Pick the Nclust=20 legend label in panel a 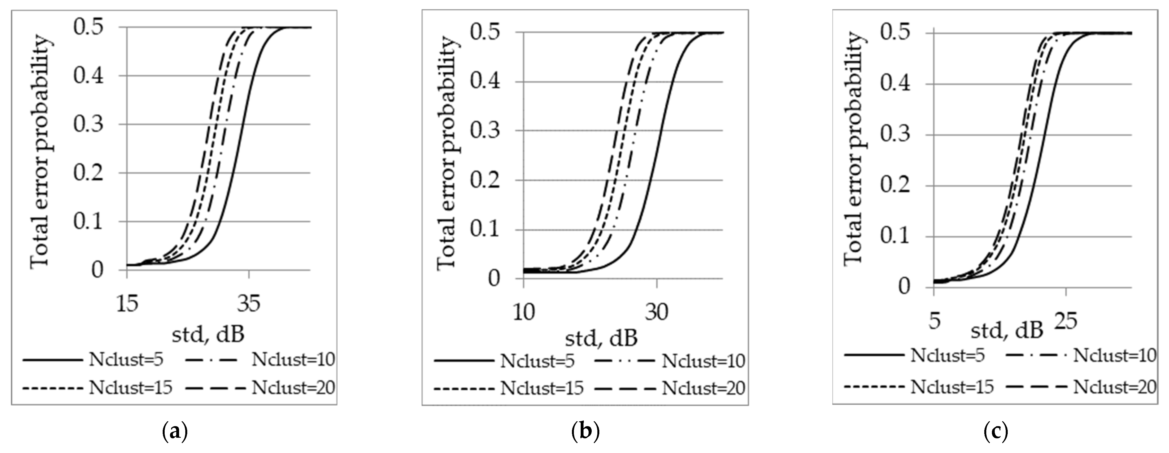[x=293, y=387]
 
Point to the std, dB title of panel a [x=208, y=335]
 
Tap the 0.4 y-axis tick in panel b [x=485, y=82]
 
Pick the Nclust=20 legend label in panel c [x=1114, y=387]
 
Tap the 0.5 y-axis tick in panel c [x=895, y=33]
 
